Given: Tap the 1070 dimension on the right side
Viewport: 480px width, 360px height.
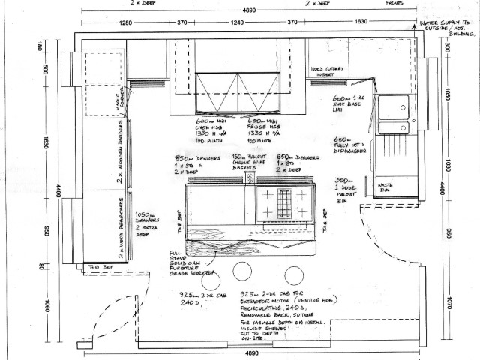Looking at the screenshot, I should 450,304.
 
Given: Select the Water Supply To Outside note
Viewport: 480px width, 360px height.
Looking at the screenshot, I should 446,30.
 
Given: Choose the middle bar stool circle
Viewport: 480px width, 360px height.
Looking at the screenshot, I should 241,271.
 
